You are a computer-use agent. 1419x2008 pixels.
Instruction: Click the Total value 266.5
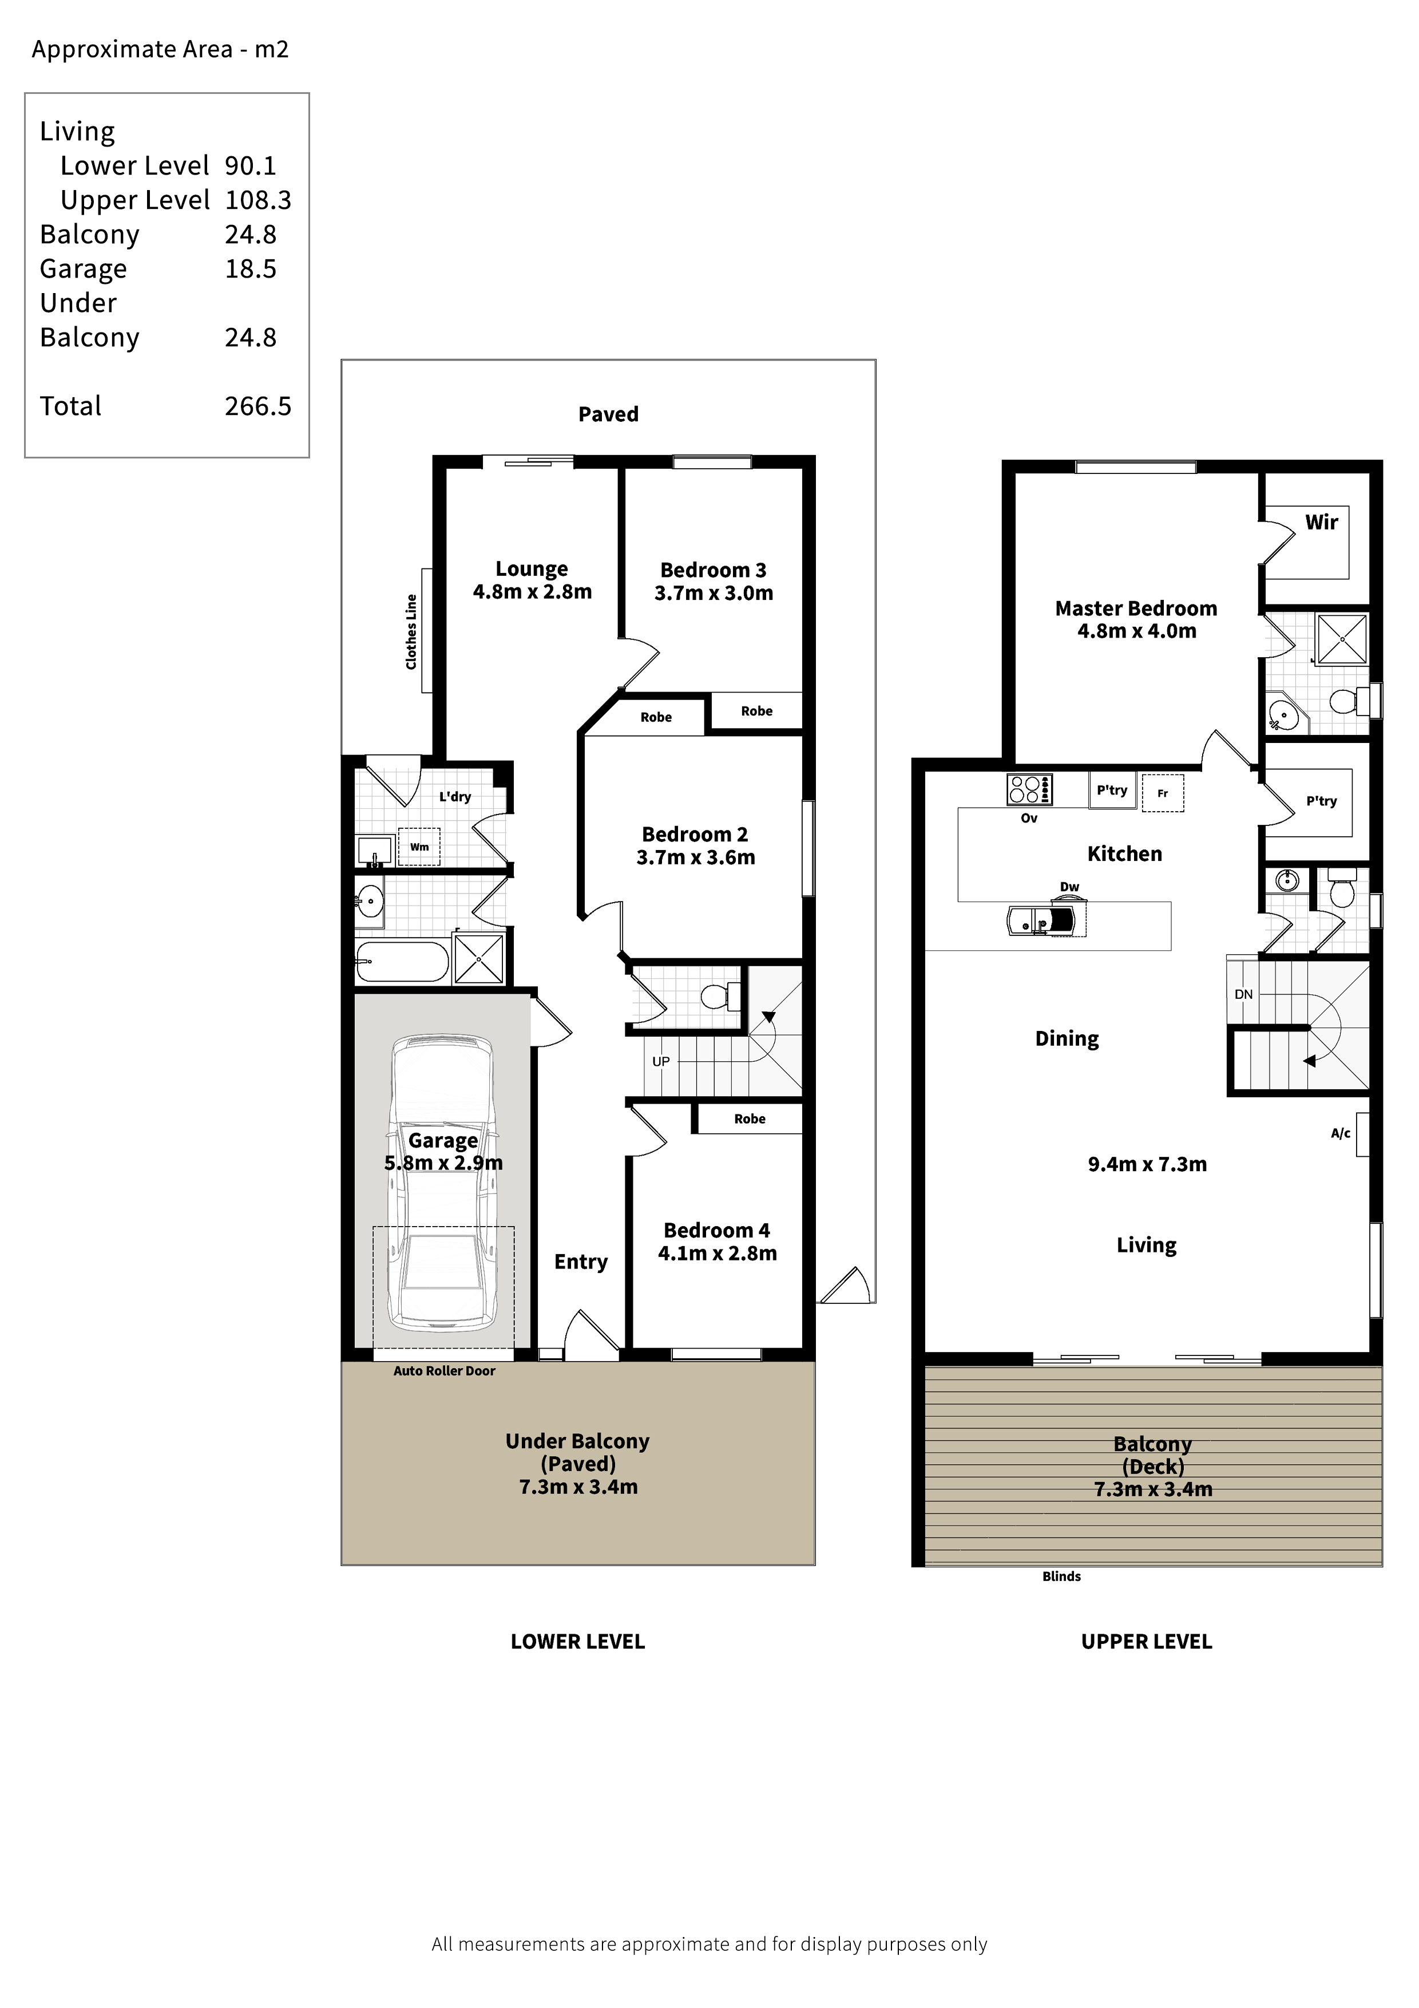258,406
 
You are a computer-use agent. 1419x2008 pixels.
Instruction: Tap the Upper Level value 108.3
258,200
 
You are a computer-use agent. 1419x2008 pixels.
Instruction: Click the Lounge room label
532,570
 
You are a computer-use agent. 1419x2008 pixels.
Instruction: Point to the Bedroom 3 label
714,570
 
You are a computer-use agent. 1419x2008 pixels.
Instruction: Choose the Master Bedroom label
1136,608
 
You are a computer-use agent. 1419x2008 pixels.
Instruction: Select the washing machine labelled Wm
419,847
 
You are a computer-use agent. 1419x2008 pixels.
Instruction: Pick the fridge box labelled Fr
1163,793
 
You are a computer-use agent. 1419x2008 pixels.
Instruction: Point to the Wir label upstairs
1321,522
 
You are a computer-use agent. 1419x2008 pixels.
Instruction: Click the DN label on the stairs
1243,994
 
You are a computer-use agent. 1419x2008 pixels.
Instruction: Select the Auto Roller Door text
444,1371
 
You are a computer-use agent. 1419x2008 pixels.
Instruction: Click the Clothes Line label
411,631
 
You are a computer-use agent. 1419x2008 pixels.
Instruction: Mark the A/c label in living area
1340,1133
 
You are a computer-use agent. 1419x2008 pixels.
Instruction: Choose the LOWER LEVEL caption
578,1642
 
